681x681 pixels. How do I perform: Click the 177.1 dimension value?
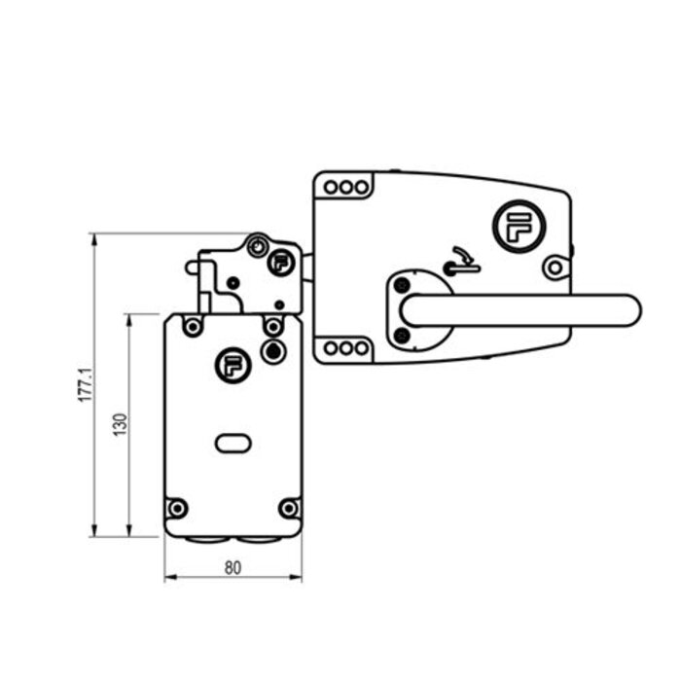tap(85, 385)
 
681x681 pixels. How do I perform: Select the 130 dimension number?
tap(120, 424)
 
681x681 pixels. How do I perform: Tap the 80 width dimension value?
tap(233, 568)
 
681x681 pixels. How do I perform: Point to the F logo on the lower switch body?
tap(232, 365)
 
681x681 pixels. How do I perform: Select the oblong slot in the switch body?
tap(233, 444)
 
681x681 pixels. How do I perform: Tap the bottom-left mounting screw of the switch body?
tap(177, 508)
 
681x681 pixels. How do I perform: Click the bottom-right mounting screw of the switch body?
tap(288, 508)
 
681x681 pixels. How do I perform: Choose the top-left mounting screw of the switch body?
tap(193, 327)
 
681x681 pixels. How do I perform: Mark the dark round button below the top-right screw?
tap(274, 349)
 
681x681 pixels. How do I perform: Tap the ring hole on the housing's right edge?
tap(555, 267)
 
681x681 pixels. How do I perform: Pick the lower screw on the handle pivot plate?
tap(402, 336)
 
